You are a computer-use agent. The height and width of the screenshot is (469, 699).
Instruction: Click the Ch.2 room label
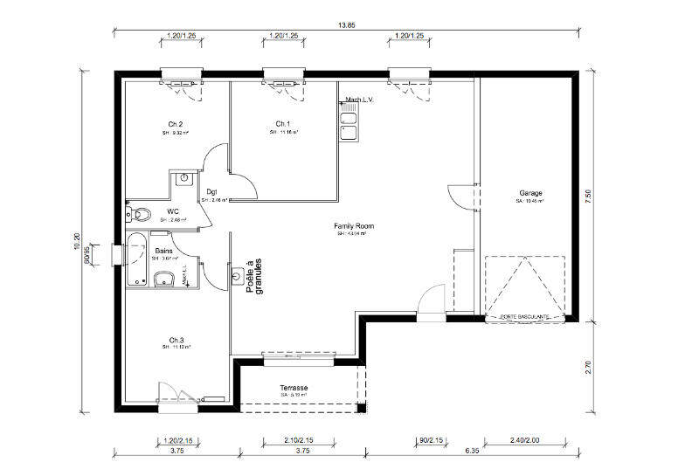[x=175, y=123]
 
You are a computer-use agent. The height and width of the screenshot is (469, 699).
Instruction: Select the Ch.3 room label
[x=176, y=339]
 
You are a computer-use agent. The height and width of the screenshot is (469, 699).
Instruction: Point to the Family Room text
[x=349, y=225]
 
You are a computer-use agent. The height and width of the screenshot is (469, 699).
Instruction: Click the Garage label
[x=530, y=193]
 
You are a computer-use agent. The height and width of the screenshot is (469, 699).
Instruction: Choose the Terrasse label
[x=294, y=387]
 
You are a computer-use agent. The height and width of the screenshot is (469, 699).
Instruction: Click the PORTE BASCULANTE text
[x=524, y=316]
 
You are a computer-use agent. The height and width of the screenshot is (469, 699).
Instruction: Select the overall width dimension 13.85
[x=348, y=26]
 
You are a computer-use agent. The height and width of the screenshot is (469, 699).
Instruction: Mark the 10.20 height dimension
[x=80, y=243]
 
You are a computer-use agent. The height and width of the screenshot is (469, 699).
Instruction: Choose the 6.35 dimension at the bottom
[x=473, y=452]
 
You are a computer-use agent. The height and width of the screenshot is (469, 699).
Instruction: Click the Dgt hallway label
[x=211, y=192]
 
